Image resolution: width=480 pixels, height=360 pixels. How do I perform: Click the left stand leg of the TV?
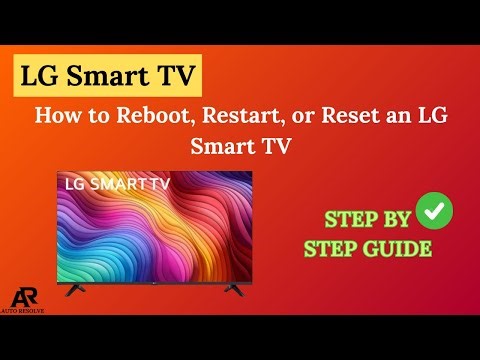[76, 292]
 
